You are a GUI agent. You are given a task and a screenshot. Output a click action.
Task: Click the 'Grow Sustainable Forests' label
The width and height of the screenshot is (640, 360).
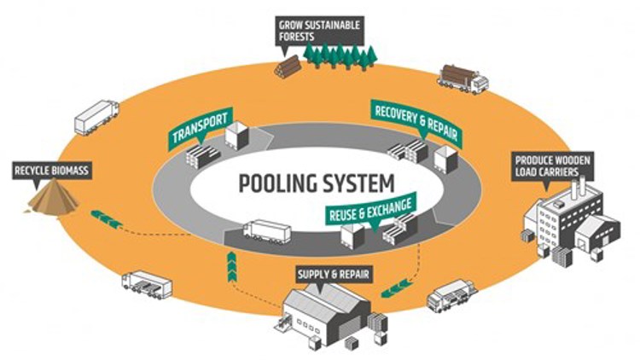pyautogui.click(x=318, y=29)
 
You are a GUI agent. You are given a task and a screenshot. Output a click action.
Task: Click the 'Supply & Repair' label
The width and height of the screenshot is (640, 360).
pyautogui.click(x=332, y=275)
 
